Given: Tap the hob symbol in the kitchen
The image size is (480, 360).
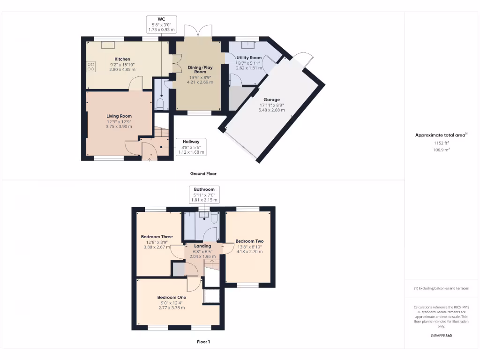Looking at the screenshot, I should point(91,67).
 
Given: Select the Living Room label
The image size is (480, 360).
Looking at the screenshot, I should point(119,116).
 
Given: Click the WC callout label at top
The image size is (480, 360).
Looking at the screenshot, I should point(161,19).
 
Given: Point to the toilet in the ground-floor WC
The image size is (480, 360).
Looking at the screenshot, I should point(159,104).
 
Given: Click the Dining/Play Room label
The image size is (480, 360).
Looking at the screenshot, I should point(200,70).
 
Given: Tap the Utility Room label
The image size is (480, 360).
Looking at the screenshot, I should point(249,58).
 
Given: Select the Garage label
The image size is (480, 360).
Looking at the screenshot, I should point(271,99).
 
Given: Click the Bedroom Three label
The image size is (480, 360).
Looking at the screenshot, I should point(157,237).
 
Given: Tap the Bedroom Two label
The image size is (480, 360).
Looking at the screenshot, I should point(249,241).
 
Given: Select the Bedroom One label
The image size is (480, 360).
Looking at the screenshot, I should point(172,297).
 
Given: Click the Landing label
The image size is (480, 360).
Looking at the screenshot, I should point(202,246).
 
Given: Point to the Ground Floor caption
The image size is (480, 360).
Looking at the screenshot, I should point(203,173).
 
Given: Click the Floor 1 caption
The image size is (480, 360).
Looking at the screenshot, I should point(203,342).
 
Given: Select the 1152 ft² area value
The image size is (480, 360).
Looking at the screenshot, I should point(441,143).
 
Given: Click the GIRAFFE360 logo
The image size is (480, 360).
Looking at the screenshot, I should point(441,336).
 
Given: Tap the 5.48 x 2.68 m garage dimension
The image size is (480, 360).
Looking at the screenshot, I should point(272,110).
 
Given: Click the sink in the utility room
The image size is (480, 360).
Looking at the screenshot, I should point(247,45).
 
